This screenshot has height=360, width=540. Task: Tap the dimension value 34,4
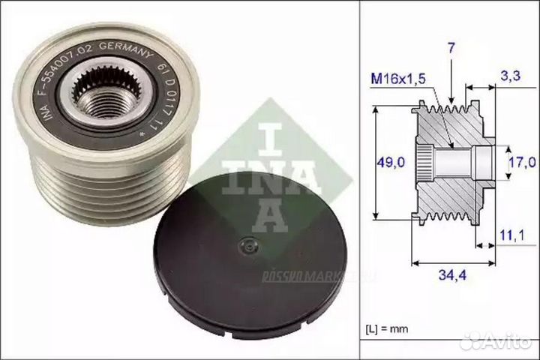[452, 277]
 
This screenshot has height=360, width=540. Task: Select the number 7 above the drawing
[451, 49]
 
